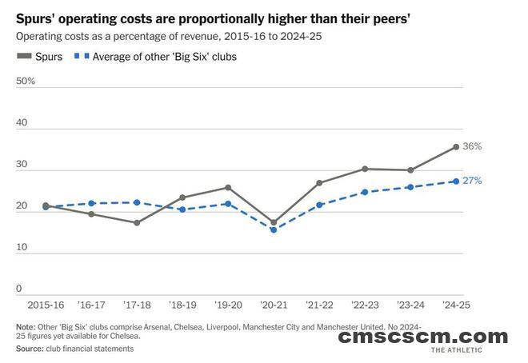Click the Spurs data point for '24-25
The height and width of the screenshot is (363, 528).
pyautogui.click(x=456, y=146)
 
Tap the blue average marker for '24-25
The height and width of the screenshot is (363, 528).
pyautogui.click(x=456, y=181)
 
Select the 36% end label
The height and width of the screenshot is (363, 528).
pyautogui.click(x=473, y=146)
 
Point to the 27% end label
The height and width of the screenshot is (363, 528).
pyautogui.click(x=473, y=181)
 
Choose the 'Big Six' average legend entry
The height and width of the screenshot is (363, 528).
pyautogui.click(x=157, y=57)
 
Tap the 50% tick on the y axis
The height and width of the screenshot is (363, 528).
pyautogui.click(x=26, y=82)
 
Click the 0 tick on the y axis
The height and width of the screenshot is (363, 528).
pyautogui.click(x=19, y=289)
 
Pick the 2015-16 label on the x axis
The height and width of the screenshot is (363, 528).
pyautogui.click(x=45, y=305)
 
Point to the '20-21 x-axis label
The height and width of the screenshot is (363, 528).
pyautogui.click(x=273, y=305)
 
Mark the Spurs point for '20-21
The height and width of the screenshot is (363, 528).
pyautogui.click(x=274, y=222)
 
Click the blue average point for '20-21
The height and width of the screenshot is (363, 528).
pyautogui.click(x=274, y=229)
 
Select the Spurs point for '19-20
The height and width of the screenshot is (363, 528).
pyautogui.click(x=228, y=188)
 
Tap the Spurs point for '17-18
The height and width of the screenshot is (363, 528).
pyautogui.click(x=137, y=222)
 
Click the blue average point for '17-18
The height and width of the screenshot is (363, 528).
pyautogui.click(x=137, y=202)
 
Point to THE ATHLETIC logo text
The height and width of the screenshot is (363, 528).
pyautogui.click(x=466, y=350)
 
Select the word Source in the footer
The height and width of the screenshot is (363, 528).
pyautogui.click(x=30, y=349)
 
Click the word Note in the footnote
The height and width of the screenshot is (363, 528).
pyautogui.click(x=26, y=327)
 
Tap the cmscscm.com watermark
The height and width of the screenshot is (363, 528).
pyautogui.click(x=422, y=337)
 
